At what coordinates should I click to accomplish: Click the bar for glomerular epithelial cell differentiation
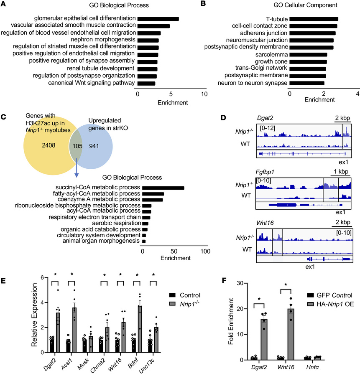[x=158, y=19]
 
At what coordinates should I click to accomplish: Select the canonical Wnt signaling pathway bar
[x=146, y=83]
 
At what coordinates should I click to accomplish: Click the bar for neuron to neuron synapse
[x=307, y=83]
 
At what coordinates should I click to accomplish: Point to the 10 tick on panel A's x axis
[x=204, y=95]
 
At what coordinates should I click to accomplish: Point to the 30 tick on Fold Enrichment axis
[x=241, y=283]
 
